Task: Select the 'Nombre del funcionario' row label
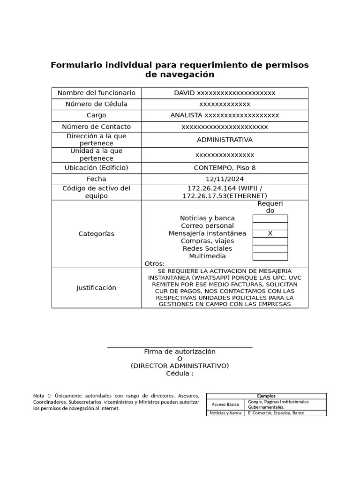coord(97,93)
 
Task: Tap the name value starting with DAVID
coord(225,93)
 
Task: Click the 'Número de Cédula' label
coord(97,104)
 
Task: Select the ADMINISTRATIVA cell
coord(225,140)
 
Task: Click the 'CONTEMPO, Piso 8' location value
coord(225,168)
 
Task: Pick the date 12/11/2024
coord(225,179)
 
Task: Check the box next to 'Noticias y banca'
coord(270,218)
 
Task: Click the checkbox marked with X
coord(270,233)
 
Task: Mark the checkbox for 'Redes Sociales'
coord(270,248)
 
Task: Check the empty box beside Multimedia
coord(270,256)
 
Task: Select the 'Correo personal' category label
coord(207,226)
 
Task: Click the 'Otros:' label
coord(155,264)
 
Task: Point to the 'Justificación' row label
coord(97,288)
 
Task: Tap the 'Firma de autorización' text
coord(180,352)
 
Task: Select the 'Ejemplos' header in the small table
coord(266,396)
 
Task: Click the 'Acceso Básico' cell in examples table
coord(225,405)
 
